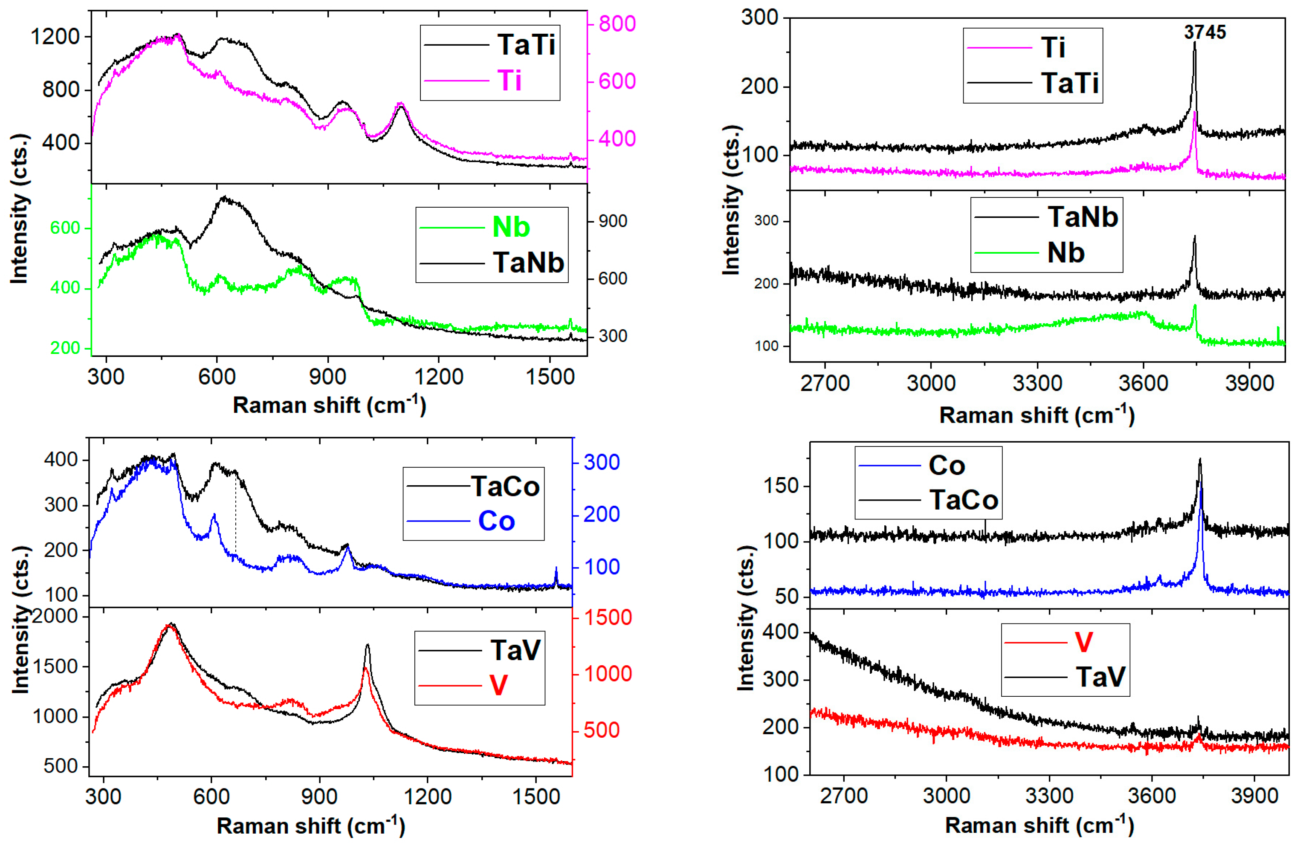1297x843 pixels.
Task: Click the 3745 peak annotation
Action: [1204, 33]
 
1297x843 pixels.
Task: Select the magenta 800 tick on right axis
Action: [617, 23]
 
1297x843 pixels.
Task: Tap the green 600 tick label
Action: [65, 228]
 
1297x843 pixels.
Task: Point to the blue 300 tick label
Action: [601, 462]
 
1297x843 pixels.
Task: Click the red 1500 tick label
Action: [608, 617]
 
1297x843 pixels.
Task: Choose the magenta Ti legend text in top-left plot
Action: [509, 81]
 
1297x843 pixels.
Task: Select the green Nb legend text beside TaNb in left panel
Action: [511, 227]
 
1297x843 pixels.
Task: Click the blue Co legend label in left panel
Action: [496, 521]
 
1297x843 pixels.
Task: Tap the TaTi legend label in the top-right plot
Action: [1070, 83]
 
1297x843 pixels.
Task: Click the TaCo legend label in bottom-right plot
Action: [964, 500]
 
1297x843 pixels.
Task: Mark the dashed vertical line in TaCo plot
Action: [235, 512]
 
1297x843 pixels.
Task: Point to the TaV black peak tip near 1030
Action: [367, 645]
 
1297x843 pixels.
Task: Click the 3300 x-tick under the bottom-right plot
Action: [1049, 796]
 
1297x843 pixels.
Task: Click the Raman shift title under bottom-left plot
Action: [311, 826]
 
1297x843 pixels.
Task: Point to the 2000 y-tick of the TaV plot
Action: [55, 616]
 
